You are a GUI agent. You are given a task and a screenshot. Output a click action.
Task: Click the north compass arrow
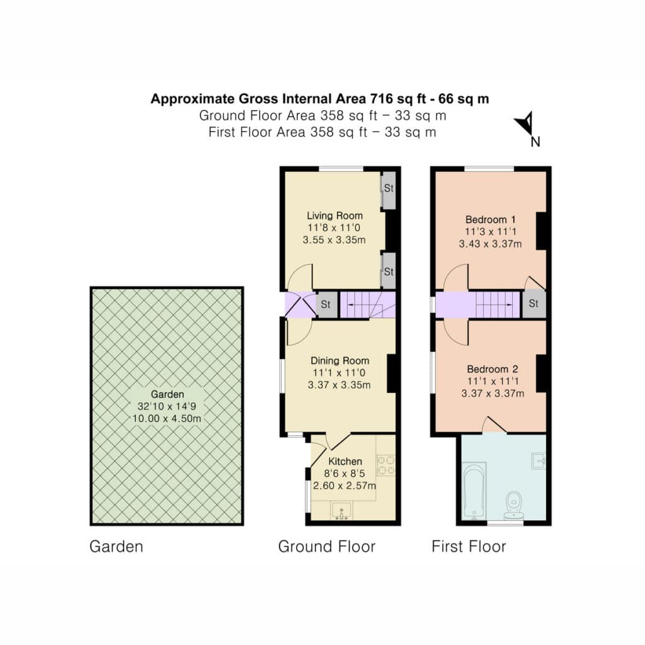(x=526, y=123)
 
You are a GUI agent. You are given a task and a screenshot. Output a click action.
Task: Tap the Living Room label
(x=335, y=215)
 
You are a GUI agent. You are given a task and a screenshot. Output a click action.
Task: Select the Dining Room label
(x=340, y=361)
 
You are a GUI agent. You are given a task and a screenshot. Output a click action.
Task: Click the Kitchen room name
(x=345, y=462)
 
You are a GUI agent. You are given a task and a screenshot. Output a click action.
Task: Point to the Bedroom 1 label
(x=490, y=219)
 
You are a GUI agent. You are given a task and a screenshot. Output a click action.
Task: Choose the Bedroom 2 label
(x=493, y=369)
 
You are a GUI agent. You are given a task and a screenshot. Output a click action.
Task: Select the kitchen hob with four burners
(x=386, y=465)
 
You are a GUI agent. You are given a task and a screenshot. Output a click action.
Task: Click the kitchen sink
(x=341, y=510)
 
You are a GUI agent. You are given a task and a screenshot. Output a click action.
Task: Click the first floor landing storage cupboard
(x=534, y=304)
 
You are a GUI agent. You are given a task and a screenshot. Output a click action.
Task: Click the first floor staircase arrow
(x=494, y=304)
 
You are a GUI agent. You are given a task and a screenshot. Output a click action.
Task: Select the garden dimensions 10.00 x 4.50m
(x=166, y=419)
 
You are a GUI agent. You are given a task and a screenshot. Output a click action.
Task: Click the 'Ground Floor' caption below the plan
(x=327, y=546)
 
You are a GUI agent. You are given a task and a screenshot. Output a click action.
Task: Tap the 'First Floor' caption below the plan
(x=469, y=546)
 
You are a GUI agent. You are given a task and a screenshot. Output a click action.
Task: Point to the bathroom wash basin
(x=539, y=460)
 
